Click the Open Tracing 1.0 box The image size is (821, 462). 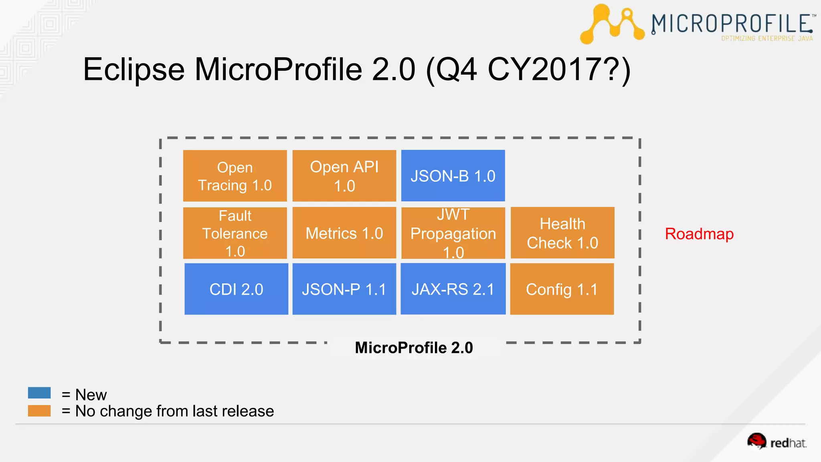pyautogui.click(x=235, y=176)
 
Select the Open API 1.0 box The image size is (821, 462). pyautogui.click(x=344, y=176)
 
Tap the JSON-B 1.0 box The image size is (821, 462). pyautogui.click(x=453, y=176)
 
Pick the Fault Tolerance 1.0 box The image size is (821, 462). pyautogui.click(x=235, y=233)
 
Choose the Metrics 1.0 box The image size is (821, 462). pyautogui.click(x=344, y=233)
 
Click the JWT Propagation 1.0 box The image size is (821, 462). pyautogui.click(x=453, y=233)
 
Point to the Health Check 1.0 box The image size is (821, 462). pyautogui.click(x=562, y=233)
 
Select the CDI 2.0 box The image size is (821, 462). pyautogui.click(x=236, y=289)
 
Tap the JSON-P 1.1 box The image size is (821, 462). pyautogui.click(x=344, y=289)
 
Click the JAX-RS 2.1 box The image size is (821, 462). pyautogui.click(x=453, y=289)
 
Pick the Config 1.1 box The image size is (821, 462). pyautogui.click(x=562, y=289)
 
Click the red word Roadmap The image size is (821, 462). pyautogui.click(x=699, y=234)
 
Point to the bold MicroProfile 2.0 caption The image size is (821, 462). pyautogui.click(x=414, y=348)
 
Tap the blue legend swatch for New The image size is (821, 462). pyautogui.click(x=39, y=393)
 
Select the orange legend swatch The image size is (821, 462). pyautogui.click(x=39, y=411)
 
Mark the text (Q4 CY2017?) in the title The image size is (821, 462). pyautogui.click(x=528, y=70)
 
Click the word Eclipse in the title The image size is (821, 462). pyautogui.click(x=134, y=70)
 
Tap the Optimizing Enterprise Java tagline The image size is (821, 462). pyautogui.click(x=767, y=38)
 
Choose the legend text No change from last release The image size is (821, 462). pyautogui.click(x=174, y=411)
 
